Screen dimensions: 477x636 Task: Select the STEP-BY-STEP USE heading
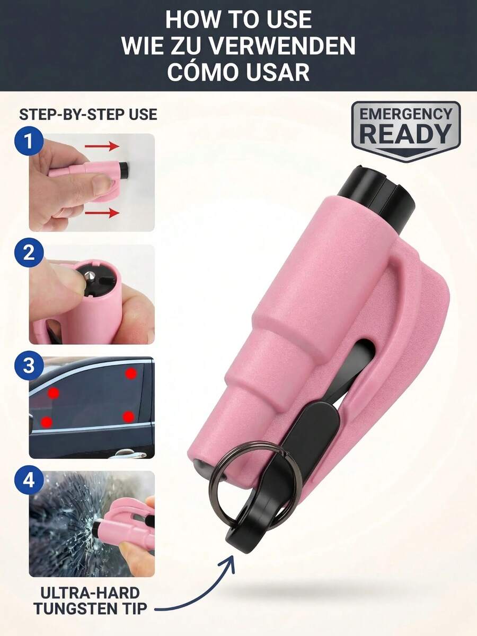[x=88, y=115]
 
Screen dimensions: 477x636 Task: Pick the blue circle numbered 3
[x=29, y=365]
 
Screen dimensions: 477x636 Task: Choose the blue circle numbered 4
[x=29, y=480]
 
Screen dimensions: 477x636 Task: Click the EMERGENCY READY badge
[x=405, y=130]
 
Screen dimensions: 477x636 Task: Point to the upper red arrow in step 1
[x=102, y=146]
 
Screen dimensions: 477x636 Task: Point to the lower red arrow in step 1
[x=102, y=213]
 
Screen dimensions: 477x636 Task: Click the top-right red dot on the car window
[x=130, y=373]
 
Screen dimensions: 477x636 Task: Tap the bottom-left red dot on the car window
[x=47, y=422]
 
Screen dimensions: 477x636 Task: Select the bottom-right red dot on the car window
[x=128, y=416]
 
